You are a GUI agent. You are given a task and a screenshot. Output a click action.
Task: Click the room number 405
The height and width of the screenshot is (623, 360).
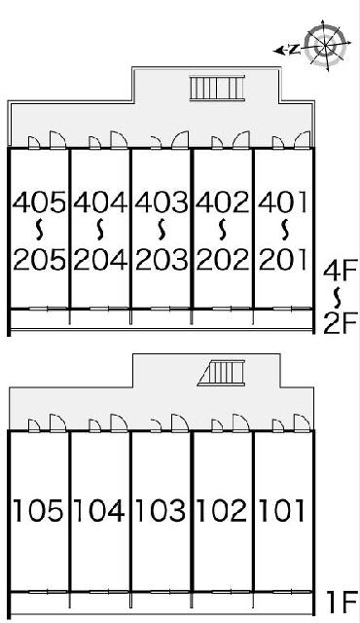[39, 202]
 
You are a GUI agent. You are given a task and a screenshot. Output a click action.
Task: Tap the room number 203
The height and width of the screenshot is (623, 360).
[162, 260]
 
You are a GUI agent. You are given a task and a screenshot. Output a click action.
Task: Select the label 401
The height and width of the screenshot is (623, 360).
[282, 202]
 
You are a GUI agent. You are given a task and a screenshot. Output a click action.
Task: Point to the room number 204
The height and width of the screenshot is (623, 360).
[100, 260]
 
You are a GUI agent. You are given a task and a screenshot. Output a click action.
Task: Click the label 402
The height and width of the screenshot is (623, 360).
[222, 202]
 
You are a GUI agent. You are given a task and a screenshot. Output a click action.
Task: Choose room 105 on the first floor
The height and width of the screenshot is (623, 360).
[38, 510]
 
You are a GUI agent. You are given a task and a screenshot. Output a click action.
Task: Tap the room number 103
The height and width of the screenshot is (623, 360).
[161, 510]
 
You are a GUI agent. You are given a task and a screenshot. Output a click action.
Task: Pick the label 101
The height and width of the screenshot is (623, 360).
[282, 510]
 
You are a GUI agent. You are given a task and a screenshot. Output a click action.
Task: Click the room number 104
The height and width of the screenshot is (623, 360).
[99, 510]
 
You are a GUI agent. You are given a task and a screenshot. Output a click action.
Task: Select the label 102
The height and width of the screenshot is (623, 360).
[222, 510]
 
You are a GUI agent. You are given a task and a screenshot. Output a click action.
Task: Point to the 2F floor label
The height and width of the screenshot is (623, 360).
[341, 323]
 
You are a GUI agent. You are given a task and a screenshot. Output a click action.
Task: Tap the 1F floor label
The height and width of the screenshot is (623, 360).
[342, 603]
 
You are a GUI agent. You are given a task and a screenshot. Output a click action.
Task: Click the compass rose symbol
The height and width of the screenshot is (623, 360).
[325, 45]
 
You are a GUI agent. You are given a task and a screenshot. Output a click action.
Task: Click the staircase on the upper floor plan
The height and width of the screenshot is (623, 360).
[217, 88]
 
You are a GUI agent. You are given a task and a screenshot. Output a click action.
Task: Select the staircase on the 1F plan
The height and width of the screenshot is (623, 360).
[221, 373]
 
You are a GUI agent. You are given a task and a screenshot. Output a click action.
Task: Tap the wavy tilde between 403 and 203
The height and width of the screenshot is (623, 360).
[162, 231]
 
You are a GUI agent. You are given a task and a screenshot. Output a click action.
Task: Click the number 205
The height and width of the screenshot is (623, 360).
[39, 260]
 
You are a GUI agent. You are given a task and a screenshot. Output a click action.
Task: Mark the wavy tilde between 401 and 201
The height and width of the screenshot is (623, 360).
[284, 231]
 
